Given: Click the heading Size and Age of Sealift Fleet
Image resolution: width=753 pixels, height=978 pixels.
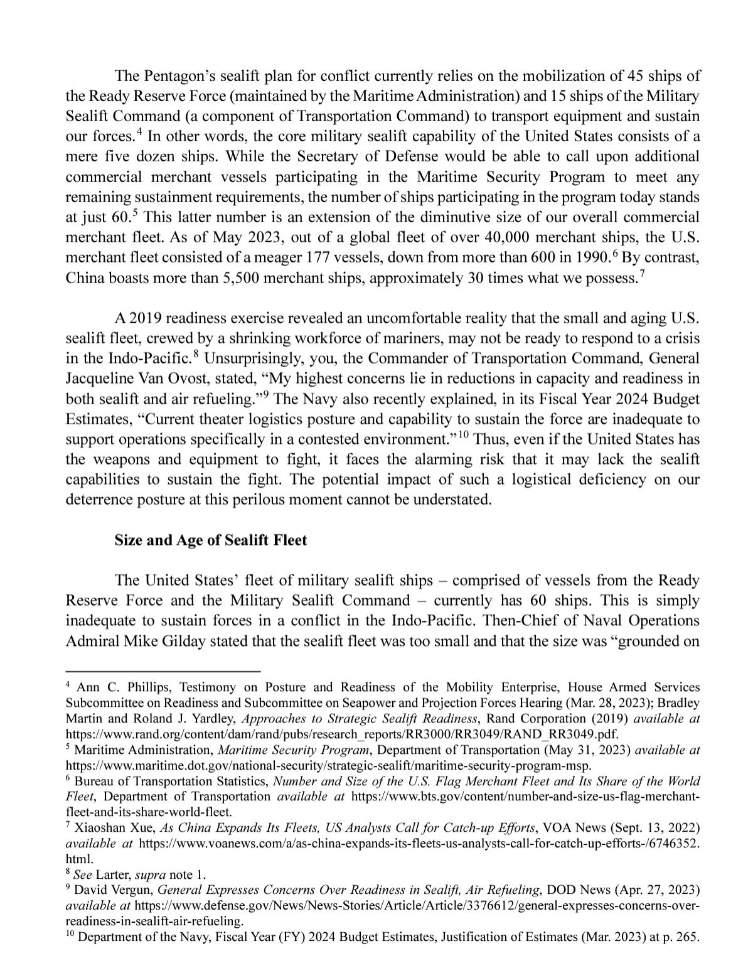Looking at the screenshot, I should [210, 540].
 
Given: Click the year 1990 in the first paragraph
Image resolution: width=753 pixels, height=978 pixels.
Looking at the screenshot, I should [584, 257].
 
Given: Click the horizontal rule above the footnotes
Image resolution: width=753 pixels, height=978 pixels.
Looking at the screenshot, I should [163, 670].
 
